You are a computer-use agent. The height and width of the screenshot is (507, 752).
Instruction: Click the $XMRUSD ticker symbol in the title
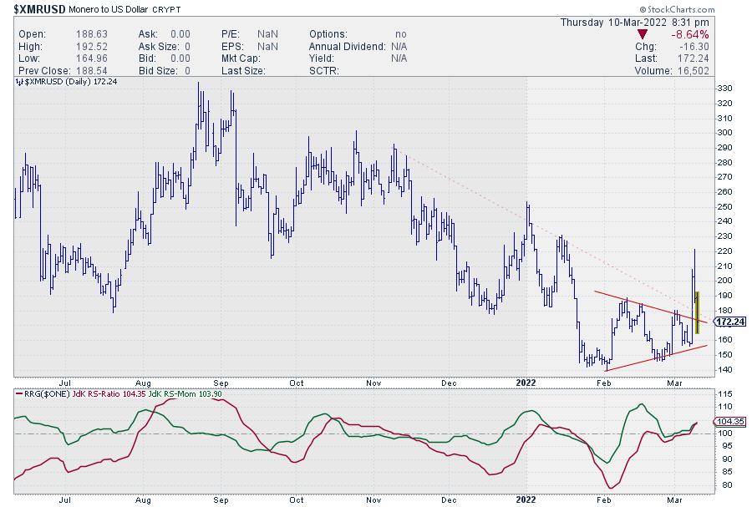[x=34, y=8]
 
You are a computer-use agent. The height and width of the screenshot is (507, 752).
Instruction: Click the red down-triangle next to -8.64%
[x=642, y=34]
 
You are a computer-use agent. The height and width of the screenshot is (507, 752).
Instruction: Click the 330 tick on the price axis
[x=725, y=89]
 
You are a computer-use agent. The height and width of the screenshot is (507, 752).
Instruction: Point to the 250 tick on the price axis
[x=725, y=206]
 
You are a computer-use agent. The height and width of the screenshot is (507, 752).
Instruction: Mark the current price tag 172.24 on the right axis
[x=730, y=322]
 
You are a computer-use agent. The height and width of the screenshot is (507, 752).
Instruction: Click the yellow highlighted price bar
[x=697, y=312]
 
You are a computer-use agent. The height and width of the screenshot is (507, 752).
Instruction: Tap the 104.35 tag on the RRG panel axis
[x=731, y=423]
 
